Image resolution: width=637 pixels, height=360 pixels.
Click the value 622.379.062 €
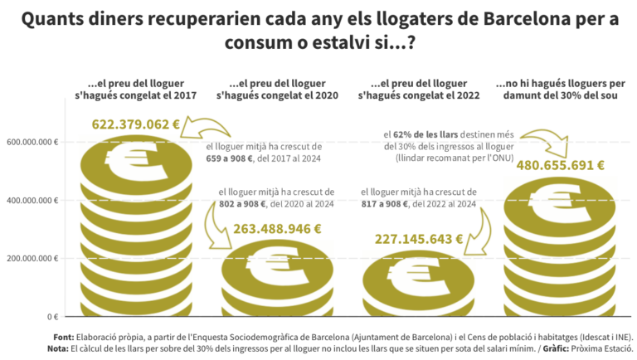pos(135,124)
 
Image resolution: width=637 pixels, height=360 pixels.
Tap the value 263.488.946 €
pos(277,228)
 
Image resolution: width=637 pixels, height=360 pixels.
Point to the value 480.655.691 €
pos(560,164)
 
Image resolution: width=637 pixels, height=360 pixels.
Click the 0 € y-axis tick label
pos(51,316)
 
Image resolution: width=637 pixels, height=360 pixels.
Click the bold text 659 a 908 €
pos(235,158)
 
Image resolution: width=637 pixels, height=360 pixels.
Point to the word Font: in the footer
pos(63,338)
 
